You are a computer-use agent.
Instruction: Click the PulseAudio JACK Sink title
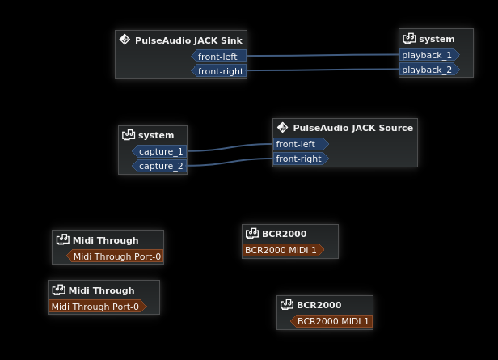click(x=188, y=40)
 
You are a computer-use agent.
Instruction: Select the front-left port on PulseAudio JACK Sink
click(x=218, y=57)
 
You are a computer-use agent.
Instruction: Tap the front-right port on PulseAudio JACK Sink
click(x=220, y=71)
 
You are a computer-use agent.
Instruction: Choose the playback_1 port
click(x=428, y=55)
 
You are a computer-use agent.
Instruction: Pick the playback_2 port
click(x=428, y=70)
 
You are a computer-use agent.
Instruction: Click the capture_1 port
click(x=160, y=151)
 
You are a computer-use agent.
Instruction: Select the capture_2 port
click(x=160, y=166)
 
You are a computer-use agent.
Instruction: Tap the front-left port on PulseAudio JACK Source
click(x=298, y=144)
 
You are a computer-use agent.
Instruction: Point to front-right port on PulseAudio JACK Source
click(x=300, y=159)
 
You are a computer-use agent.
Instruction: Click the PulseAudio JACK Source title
click(x=352, y=128)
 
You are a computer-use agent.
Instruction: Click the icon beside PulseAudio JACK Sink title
click(x=124, y=40)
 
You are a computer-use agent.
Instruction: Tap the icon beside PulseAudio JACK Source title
click(x=282, y=127)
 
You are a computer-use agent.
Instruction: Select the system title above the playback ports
click(x=437, y=39)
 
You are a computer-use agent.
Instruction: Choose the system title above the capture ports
click(x=156, y=135)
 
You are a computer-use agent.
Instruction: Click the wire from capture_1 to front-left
click(x=230, y=147)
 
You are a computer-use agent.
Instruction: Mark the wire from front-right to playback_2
click(x=323, y=70)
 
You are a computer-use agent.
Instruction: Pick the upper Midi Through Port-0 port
click(x=116, y=256)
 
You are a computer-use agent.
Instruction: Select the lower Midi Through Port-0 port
click(x=95, y=307)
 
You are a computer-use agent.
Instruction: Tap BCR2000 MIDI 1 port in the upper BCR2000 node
click(x=281, y=250)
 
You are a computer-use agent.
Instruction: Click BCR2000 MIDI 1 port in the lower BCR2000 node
click(x=332, y=321)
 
